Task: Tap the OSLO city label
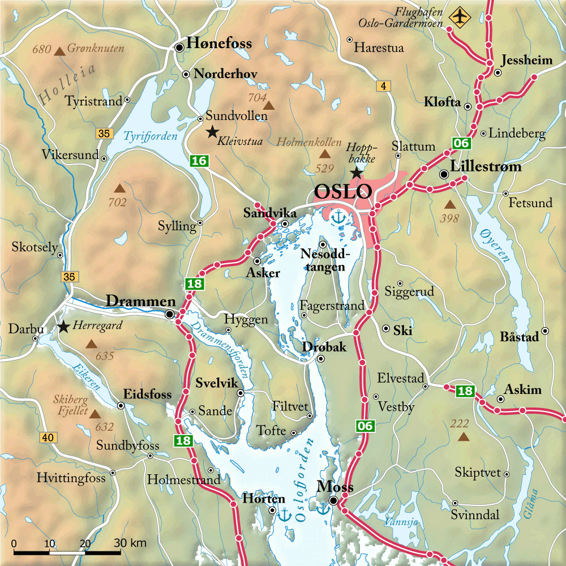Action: [342, 192]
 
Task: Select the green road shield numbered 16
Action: [199, 161]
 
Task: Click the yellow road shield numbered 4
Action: [383, 86]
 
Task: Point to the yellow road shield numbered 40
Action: [47, 437]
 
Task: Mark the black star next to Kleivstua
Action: [212, 132]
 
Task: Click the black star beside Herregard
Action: [63, 327]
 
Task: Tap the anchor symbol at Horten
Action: [285, 514]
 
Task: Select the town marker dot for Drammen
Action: [170, 314]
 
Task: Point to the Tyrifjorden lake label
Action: [151, 136]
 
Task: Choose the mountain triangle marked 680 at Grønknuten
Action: [59, 52]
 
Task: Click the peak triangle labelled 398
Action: [449, 204]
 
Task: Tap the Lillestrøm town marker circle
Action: [444, 174]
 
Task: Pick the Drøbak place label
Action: [324, 347]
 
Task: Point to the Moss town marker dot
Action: [334, 501]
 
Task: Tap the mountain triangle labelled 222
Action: [464, 436]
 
